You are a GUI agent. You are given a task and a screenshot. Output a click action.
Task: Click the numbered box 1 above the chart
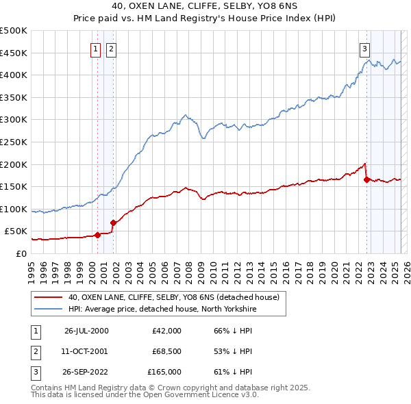pos(95,49)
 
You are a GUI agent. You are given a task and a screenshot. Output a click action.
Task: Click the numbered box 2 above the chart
pos(110,49)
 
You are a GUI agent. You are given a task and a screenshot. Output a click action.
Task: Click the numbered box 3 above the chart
pos(365,49)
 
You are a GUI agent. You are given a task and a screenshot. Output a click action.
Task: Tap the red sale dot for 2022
pos(366,180)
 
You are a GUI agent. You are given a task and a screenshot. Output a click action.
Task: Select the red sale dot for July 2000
pos(97,235)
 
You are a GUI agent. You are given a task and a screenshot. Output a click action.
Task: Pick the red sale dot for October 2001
pos(113,223)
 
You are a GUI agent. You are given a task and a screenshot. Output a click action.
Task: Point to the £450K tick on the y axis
pos(13,53)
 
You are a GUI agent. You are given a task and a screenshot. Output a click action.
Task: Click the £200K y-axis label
pos(13,164)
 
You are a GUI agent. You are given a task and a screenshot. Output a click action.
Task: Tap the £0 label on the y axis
pos(21,253)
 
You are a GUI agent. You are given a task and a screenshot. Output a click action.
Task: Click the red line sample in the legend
pos(48,298)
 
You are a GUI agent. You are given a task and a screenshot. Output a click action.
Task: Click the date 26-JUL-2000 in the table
pos(86,331)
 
